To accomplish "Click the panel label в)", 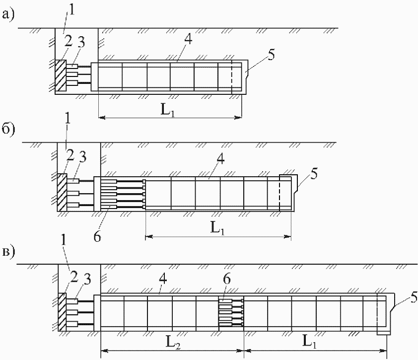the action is tap(8, 252).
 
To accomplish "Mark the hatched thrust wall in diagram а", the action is tap(60, 75).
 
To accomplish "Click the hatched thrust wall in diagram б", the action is tap(62, 192).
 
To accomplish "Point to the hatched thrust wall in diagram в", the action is tap(62, 311).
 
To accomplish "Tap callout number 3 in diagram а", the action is tap(81, 43).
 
